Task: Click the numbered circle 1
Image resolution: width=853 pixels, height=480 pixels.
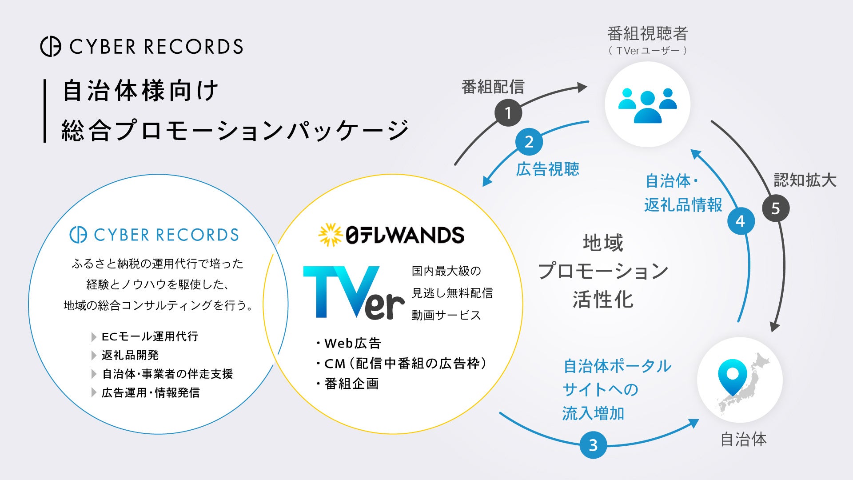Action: click(508, 113)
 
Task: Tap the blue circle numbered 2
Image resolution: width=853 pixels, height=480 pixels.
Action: click(529, 142)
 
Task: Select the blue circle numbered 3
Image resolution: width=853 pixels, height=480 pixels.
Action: click(593, 445)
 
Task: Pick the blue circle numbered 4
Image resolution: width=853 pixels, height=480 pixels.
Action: click(741, 221)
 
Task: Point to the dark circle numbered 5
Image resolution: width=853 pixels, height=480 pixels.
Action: click(776, 208)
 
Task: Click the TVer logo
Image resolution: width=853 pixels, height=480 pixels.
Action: click(354, 292)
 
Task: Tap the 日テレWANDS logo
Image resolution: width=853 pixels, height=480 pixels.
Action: click(391, 235)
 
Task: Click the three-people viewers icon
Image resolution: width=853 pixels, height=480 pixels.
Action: click(647, 105)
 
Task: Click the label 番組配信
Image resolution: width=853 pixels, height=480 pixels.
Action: click(493, 87)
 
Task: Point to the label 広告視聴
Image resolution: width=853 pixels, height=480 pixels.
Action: click(547, 169)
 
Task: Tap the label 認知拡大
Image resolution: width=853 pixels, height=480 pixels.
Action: click(805, 180)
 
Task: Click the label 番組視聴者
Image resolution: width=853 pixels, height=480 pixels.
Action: click(647, 34)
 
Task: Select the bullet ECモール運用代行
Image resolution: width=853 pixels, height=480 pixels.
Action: click(150, 336)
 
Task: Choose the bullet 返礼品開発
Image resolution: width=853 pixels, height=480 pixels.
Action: click(130, 355)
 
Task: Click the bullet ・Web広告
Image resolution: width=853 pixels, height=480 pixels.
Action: click(349, 343)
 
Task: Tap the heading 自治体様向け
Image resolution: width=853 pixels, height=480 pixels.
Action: click(140, 91)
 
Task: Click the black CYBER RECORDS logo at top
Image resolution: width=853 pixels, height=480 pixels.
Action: click(142, 47)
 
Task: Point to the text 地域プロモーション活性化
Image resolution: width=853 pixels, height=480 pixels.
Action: click(603, 271)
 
